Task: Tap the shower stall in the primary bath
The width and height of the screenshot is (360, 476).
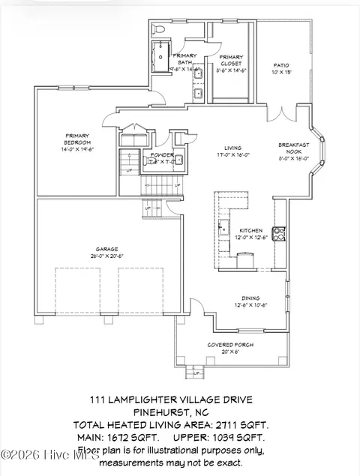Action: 160,55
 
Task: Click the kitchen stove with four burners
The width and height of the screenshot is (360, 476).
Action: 277,233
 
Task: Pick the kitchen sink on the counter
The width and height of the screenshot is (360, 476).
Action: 223,227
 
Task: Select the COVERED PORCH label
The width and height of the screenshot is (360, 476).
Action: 224,345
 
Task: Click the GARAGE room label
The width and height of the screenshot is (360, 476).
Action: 106,249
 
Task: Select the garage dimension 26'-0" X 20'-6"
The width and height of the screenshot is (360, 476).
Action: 106,256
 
